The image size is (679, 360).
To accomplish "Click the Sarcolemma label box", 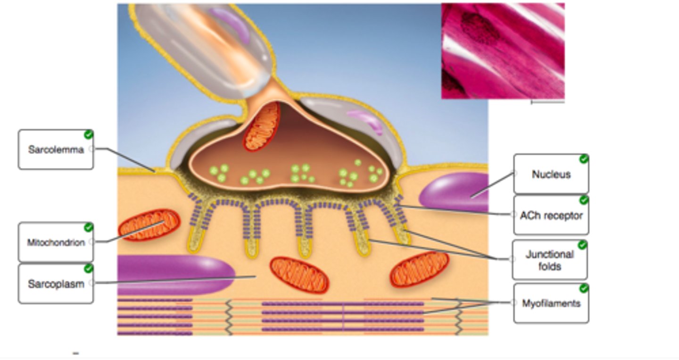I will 56,150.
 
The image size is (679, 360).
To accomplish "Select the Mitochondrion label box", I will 56,243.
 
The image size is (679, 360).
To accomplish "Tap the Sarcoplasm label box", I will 56,284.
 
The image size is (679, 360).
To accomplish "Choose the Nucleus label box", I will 551,174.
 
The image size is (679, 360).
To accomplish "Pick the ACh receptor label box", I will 551,216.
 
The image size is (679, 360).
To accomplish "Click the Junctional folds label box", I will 549,260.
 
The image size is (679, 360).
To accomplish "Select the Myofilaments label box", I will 551,303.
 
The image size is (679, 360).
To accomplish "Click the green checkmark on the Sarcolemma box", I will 88,135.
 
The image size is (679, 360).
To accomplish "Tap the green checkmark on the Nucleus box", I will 584,159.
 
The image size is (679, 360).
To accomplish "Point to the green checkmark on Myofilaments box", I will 584,288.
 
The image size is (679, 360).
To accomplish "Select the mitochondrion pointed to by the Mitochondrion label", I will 149,225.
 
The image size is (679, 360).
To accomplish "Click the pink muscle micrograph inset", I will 503,51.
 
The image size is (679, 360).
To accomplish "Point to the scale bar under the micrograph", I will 547,101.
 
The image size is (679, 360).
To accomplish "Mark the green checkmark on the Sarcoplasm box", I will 88,268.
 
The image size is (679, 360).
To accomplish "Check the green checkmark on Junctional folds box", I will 582,245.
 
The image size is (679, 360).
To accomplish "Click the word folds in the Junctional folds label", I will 549,267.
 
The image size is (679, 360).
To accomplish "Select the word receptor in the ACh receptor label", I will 564,216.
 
